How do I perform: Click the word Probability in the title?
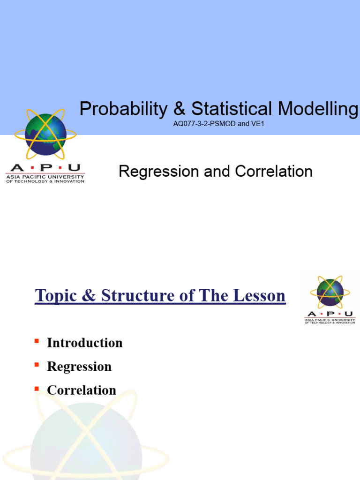point(123,109)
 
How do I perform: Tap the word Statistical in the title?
point(233,109)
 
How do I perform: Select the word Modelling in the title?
point(318,109)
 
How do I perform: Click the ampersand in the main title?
point(179,109)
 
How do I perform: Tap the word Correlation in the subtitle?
point(274,172)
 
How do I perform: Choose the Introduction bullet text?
point(84,343)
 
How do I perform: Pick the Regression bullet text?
point(79,367)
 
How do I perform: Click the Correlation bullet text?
point(81,390)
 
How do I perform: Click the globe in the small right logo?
point(330,292)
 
